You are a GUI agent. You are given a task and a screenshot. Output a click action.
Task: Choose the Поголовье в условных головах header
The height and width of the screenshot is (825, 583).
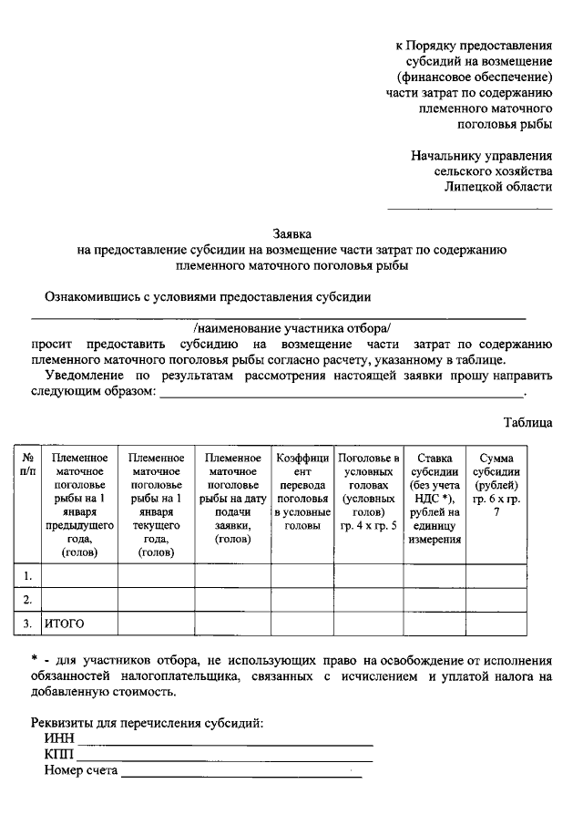[368, 493]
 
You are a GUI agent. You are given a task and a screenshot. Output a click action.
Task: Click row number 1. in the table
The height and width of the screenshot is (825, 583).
[28, 576]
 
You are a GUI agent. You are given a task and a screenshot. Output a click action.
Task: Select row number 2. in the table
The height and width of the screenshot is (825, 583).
[28, 600]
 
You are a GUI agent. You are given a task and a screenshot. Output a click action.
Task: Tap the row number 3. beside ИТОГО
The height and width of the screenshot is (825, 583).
[28, 624]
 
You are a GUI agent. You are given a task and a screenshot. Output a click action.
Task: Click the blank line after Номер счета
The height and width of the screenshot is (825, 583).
[240, 776]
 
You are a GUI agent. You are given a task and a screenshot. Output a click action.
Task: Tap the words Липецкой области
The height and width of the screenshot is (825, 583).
[498, 186]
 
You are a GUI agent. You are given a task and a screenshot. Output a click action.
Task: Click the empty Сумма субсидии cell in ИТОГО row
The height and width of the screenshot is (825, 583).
[496, 624]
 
